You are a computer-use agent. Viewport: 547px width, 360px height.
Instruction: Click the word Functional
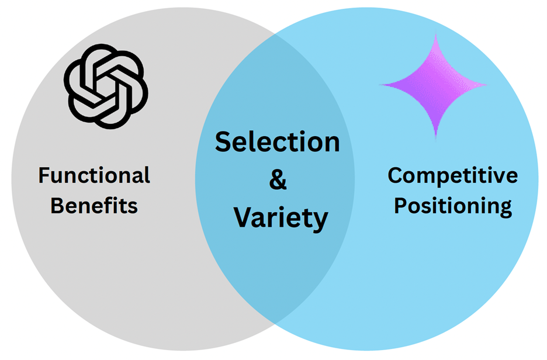94,175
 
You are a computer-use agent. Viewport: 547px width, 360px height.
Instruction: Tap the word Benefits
94,205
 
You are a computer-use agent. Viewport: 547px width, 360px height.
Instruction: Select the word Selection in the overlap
277,142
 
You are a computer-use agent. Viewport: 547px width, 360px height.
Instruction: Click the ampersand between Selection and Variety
278,180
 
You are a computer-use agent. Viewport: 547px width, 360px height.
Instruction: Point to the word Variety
281,217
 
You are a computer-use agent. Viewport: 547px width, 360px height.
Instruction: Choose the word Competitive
452,175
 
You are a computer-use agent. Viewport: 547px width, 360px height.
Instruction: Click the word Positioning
452,206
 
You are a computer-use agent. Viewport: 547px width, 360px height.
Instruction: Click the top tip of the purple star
435,36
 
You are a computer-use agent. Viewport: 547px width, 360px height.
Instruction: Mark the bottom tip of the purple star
435,137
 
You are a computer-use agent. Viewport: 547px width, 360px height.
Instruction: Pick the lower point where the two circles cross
275,323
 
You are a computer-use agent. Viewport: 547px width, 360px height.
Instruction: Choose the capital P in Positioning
400,206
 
